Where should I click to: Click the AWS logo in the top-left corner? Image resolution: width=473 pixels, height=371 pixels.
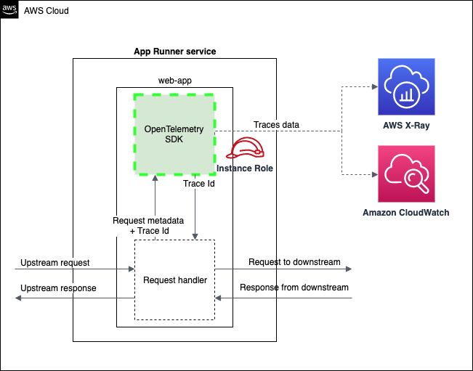pyautogui.click(x=9, y=9)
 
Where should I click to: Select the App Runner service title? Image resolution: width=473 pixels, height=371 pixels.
pyautogui.click(x=174, y=52)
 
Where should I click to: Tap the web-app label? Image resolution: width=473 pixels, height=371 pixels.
pyautogui.click(x=174, y=78)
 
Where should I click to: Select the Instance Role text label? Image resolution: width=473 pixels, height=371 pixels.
pyautogui.click(x=244, y=168)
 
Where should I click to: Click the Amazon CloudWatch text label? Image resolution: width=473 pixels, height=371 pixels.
pyautogui.click(x=406, y=213)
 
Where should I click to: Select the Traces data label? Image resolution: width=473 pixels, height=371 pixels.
pyautogui.click(x=276, y=125)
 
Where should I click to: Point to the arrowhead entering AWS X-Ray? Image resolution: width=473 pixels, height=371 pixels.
pyautogui.click(x=373, y=88)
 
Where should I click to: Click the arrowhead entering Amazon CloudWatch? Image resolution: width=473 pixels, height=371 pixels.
pyautogui.click(x=373, y=174)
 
